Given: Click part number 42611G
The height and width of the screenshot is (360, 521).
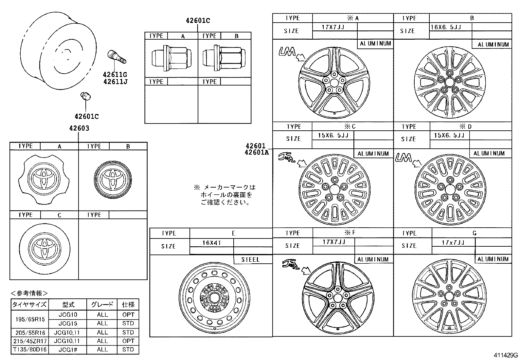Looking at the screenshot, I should pyautogui.click(x=115, y=75).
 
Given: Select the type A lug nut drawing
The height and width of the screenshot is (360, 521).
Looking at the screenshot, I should pyautogui.click(x=171, y=58).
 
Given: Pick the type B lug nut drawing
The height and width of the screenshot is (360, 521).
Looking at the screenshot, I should pyautogui.click(x=224, y=58).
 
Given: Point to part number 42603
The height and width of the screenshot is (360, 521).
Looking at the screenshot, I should pyautogui.click(x=79, y=128).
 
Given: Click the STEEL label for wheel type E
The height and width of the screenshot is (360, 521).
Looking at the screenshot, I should pyautogui.click(x=250, y=259).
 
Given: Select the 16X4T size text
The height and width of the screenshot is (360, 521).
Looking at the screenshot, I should pyautogui.click(x=211, y=243).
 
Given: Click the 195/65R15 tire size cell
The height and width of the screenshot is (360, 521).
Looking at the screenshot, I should pyautogui.click(x=30, y=319).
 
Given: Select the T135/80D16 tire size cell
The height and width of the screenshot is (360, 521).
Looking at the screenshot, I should pyautogui.click(x=30, y=350).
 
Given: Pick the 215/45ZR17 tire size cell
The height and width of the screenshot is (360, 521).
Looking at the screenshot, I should pyautogui.click(x=30, y=341).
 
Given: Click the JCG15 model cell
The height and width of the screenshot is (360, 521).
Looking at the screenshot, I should pyautogui.click(x=68, y=323).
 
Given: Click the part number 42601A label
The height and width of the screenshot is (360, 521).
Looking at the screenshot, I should pyautogui.click(x=257, y=152).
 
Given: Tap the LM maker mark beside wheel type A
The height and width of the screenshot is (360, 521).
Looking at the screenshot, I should pyautogui.click(x=287, y=51).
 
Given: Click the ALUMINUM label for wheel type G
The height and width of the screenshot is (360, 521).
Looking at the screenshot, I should pyautogui.click(x=493, y=259).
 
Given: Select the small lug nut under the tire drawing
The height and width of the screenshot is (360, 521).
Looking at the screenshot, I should pyautogui.click(x=85, y=96).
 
